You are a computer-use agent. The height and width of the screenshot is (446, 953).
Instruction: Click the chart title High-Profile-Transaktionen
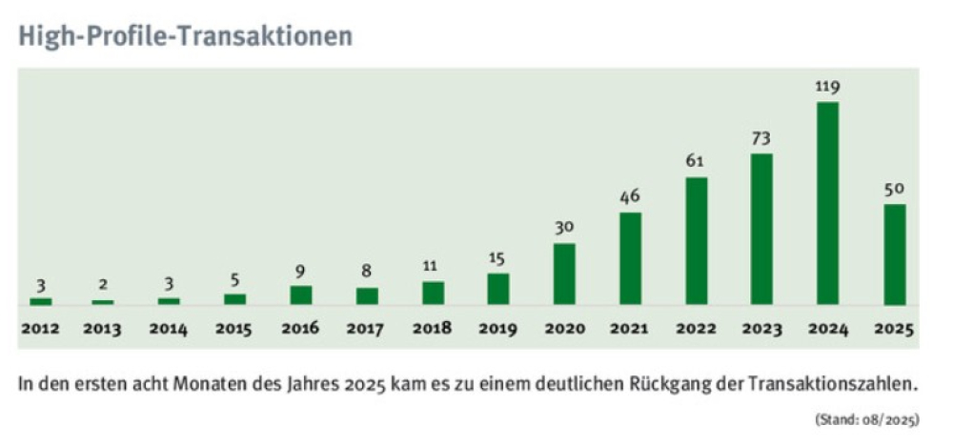tap(185, 36)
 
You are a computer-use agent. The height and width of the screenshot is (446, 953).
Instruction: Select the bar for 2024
tap(828, 203)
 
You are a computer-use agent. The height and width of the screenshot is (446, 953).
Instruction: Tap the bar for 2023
tap(761, 229)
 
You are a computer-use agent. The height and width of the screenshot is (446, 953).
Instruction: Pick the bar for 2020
tap(564, 274)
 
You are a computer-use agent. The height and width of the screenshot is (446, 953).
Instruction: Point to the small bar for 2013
tap(103, 302)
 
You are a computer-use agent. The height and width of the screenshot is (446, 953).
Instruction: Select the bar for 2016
tap(301, 294)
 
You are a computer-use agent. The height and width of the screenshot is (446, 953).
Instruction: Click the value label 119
tap(827, 87)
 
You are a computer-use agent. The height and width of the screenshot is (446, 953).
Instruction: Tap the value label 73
tap(761, 138)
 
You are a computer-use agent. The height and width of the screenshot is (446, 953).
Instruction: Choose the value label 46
tap(630, 197)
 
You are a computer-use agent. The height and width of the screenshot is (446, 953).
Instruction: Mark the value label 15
tap(498, 258)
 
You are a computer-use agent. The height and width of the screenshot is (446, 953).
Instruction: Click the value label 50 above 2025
tap(894, 189)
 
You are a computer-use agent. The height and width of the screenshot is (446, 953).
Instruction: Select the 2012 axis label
tap(39, 330)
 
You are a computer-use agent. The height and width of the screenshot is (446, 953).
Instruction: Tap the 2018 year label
tap(433, 330)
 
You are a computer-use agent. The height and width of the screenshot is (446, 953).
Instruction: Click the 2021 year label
tap(630, 330)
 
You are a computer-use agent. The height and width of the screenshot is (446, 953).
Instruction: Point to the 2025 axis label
tap(894, 330)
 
